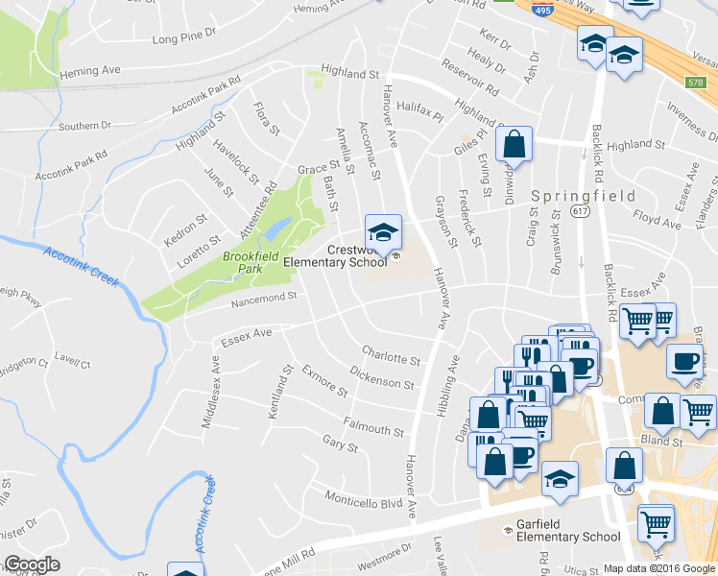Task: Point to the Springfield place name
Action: coord(584,196)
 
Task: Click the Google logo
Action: coord(32,564)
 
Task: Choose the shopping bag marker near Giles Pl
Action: coord(514,145)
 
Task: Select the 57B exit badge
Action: coord(696,83)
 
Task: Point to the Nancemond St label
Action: coord(263,301)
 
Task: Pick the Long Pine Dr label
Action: coord(185,40)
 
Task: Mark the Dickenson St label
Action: coord(382,377)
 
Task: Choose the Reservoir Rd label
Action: coord(470,78)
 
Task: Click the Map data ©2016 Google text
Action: coord(658,567)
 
